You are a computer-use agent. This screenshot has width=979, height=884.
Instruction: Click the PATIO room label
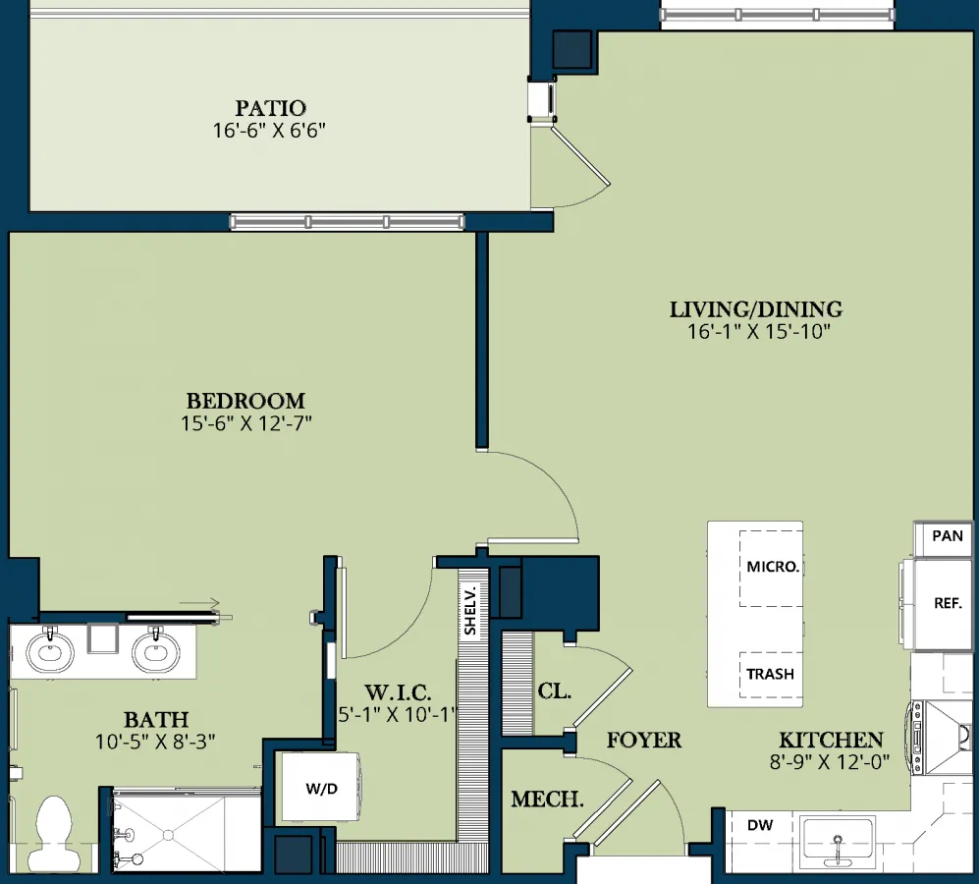point(270,108)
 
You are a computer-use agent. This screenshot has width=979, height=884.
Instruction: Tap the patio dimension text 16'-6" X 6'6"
point(269,130)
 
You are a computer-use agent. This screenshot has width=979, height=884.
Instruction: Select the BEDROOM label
point(245,401)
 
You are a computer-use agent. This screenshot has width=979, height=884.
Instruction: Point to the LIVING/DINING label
point(756,309)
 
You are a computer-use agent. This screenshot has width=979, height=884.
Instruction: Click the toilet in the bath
point(54,831)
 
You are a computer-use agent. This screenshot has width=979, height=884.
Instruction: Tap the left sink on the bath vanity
point(50,652)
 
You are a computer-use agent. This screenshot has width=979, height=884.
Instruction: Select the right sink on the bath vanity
point(155,652)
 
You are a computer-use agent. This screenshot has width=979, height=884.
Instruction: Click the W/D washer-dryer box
point(321,788)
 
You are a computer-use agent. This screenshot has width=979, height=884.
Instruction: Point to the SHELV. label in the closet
point(470,610)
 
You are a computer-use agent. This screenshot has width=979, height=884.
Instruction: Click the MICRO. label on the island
point(773,567)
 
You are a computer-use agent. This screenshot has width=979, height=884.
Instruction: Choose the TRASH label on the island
point(771,674)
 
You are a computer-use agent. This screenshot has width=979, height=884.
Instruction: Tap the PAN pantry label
point(948,536)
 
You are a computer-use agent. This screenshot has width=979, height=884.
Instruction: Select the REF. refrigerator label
point(948,603)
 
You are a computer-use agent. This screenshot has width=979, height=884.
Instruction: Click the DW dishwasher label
point(760,825)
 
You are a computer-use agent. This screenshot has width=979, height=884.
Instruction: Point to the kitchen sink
point(838,842)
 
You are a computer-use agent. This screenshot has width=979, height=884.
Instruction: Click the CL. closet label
point(555,691)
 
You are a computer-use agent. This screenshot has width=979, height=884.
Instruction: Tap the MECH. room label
point(547,799)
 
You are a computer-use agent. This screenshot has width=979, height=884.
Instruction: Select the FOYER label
point(644,741)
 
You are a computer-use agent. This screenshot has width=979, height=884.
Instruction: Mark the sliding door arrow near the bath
point(199,603)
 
